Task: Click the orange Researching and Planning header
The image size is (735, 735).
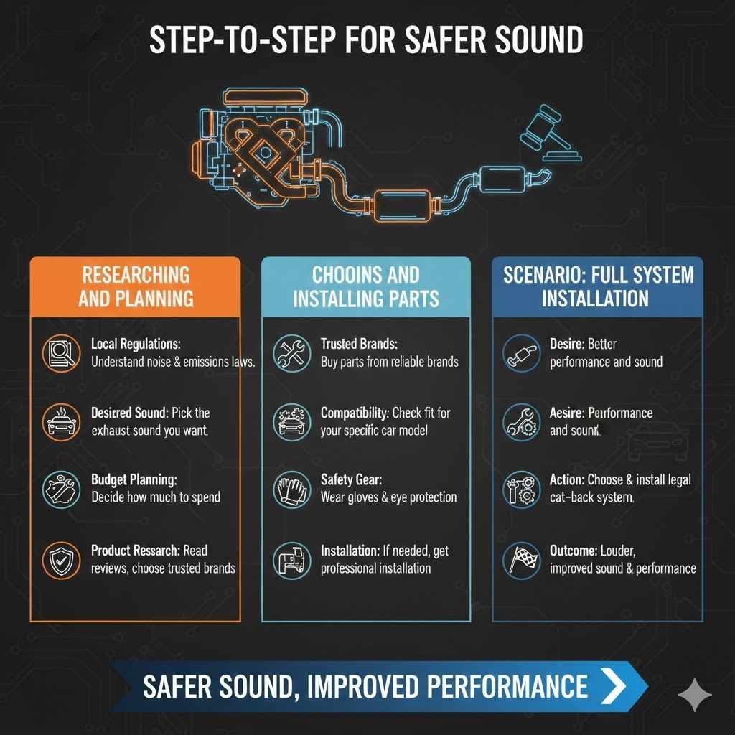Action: pos(136,286)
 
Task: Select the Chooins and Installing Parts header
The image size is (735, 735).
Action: pos(366,286)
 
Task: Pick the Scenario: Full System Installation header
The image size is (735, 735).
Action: pos(597,286)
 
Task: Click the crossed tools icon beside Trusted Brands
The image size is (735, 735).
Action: pos(291,353)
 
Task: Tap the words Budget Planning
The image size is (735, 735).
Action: pos(134,479)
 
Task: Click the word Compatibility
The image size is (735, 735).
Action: pos(355,413)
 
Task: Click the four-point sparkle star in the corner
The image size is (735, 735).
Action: pos(695,695)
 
